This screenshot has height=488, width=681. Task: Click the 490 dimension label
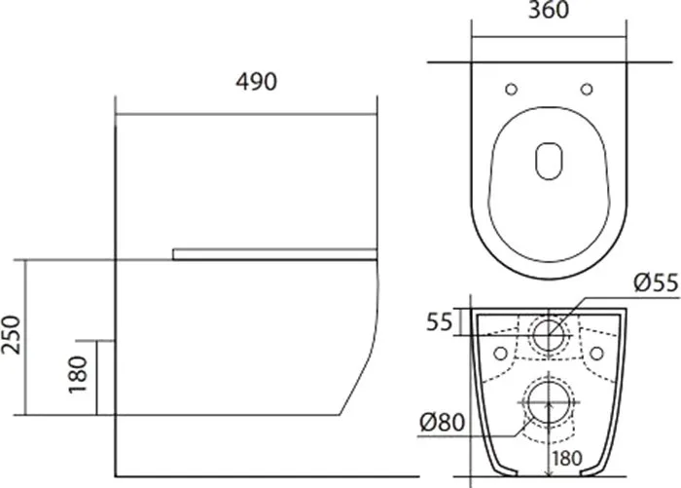click(256, 82)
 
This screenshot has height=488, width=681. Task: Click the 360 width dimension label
click(548, 10)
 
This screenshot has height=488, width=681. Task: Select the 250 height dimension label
click(11, 334)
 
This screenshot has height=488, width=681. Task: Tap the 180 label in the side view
click(78, 374)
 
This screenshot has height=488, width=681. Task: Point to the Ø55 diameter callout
click(656, 282)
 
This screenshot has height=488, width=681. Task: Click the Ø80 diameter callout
click(442, 422)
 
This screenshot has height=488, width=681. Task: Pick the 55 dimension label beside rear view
click(440, 321)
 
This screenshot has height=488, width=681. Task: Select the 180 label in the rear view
click(567, 458)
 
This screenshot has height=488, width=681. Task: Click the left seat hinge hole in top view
click(511, 90)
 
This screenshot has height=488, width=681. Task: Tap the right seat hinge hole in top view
click(587, 90)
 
